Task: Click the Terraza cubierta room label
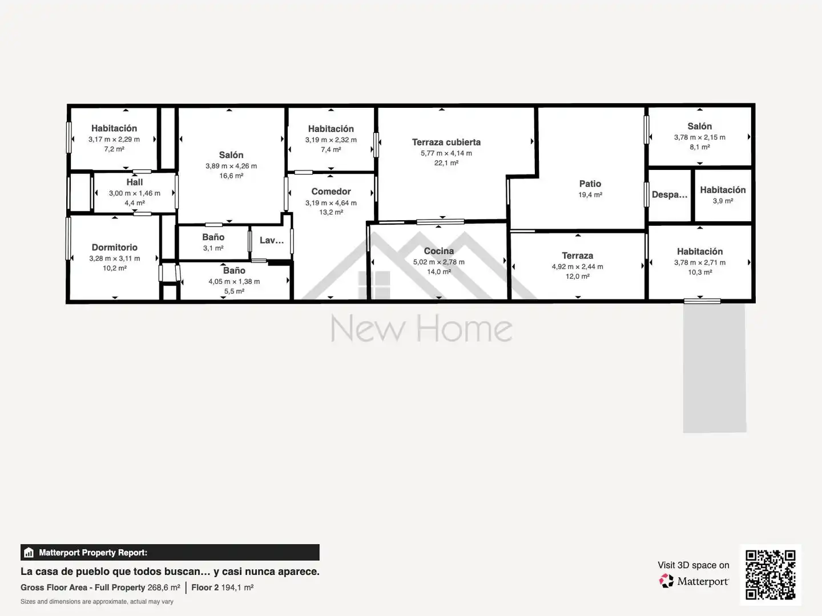pos(446,142)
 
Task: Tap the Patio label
pos(590,184)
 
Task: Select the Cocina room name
pos(438,251)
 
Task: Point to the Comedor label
pos(331,192)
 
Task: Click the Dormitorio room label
pos(114,247)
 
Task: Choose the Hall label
pos(135,182)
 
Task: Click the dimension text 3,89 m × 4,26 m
pos(231,166)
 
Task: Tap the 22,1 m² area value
pos(446,163)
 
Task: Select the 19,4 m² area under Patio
pos(590,195)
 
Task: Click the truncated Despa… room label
pos(669,194)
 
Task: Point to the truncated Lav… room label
pos(272,240)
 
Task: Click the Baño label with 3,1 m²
pos(213,237)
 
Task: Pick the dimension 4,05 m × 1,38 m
pos(234,282)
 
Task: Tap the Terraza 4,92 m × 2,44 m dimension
pos(577,267)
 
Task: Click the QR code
pos(770,574)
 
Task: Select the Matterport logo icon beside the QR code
pos(666,581)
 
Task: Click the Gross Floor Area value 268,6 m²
pos(164,587)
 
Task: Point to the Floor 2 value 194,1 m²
pos(237,587)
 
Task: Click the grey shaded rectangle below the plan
pos(715,368)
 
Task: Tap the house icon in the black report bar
pos(29,553)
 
